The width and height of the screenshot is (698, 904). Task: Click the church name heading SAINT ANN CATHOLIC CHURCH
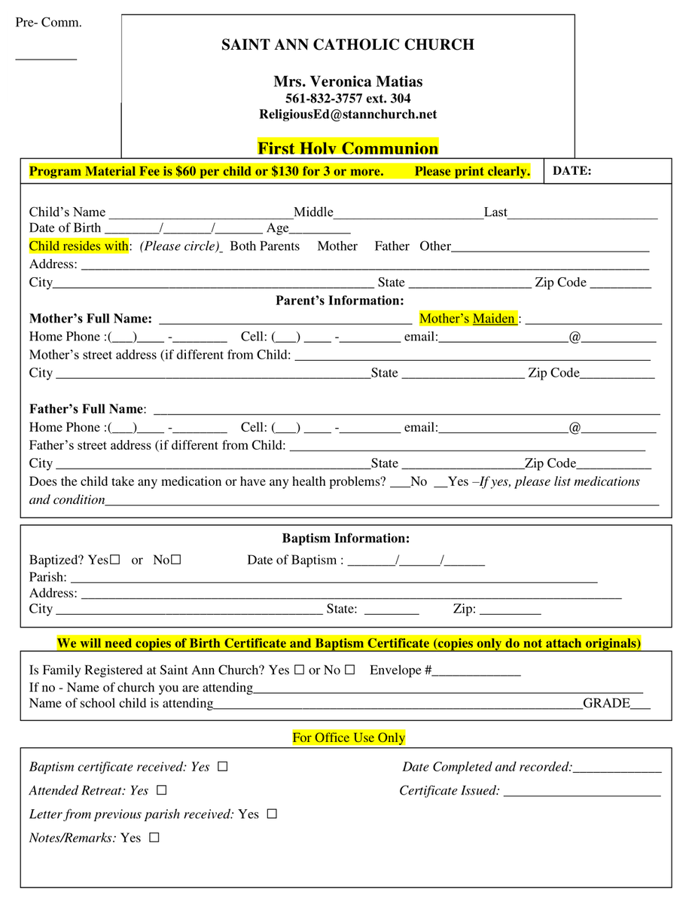(348, 44)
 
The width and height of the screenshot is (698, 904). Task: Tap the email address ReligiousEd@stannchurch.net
(348, 115)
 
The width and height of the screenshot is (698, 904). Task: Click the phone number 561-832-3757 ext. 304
(348, 99)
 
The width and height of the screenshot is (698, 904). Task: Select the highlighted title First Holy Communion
(348, 148)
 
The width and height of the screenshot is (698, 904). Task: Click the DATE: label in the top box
(572, 171)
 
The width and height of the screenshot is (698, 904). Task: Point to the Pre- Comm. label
(49, 23)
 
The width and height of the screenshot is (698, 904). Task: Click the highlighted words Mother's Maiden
(468, 319)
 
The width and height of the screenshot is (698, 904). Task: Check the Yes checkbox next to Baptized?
(115, 560)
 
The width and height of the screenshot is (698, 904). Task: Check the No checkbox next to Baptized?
(176, 560)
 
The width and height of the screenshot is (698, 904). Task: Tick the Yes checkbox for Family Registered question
(299, 670)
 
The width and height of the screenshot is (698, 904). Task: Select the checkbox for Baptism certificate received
(222, 767)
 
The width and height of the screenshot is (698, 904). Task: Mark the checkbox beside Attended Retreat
(161, 791)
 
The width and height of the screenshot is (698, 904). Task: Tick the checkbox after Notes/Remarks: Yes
(154, 838)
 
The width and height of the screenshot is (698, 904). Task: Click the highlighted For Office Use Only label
(349, 738)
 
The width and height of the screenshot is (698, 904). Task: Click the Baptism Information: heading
(346, 539)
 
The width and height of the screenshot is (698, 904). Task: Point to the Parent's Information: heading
(340, 301)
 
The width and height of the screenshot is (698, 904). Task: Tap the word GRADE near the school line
(606, 704)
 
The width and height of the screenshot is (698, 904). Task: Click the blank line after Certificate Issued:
(582, 793)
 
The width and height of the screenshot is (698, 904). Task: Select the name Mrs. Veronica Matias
(348, 81)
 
